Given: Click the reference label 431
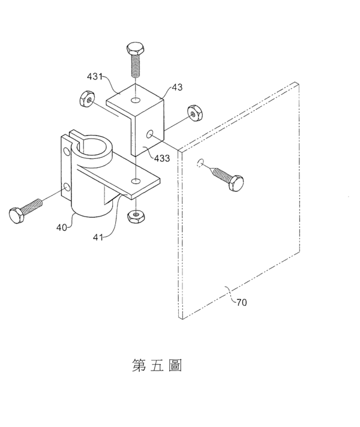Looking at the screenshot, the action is tap(95, 77).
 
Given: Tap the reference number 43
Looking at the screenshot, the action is tap(177, 88).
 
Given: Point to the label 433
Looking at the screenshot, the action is tap(162, 158).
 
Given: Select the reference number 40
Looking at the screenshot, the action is tap(62, 227).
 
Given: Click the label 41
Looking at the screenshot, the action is tap(98, 237).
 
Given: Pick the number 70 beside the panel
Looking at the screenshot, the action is tap(241, 302).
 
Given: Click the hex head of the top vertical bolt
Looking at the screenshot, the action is tap(136, 49).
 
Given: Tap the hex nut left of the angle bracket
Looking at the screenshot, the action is tap(87, 99).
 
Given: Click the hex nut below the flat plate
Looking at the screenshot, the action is tap(136, 216).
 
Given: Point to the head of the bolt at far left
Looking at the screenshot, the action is tap(17, 215).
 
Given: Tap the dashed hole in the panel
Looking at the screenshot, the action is tap(200, 163).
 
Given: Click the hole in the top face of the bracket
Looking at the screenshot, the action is tap(136, 100).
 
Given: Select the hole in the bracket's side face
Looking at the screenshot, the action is tap(149, 134).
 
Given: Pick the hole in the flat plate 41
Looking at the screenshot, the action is tap(136, 181).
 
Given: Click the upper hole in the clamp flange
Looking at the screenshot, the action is tap(66, 151).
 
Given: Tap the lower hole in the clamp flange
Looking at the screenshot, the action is tap(66, 187).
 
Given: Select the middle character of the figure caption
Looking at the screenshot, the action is tap(157, 365).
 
